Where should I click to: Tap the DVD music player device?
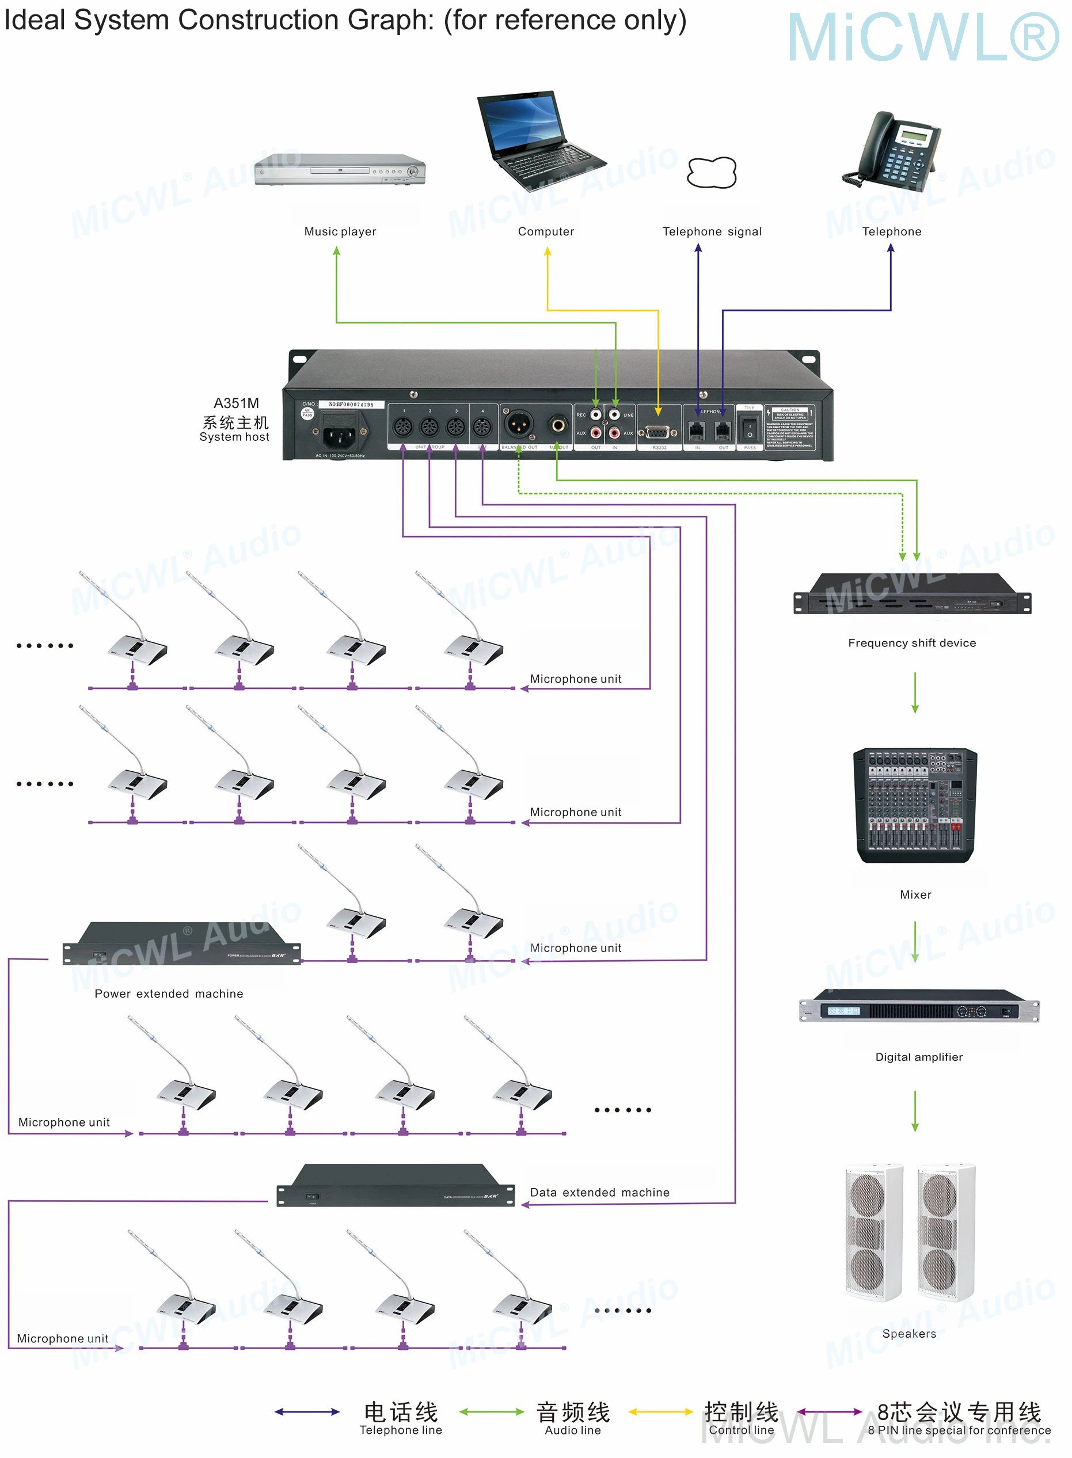pos(339,170)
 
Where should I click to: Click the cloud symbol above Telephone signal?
pos(712,173)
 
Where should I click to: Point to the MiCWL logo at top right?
pos(922,37)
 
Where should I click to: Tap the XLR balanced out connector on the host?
pos(519,425)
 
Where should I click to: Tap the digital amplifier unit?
pos(918,1007)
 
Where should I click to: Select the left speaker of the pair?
pos(873,1232)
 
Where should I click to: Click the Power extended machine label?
pos(169,993)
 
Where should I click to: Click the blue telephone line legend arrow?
pos(307,1412)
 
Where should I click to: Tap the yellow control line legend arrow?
pos(660,1412)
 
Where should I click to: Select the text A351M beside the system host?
pos(236,403)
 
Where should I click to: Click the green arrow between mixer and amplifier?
pos(915,942)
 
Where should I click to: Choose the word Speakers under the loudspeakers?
pos(909,1334)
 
